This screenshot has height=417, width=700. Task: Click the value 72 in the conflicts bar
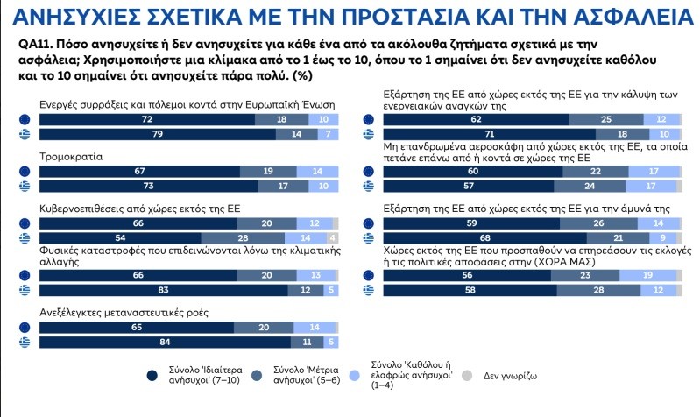pos(147,119)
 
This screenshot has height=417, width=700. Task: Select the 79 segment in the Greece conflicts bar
pos(158,134)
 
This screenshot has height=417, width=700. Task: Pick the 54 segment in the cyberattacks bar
pos(120,238)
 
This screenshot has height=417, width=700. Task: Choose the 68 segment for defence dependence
pos(485,238)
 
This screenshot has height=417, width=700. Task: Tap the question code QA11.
pos(36,43)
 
